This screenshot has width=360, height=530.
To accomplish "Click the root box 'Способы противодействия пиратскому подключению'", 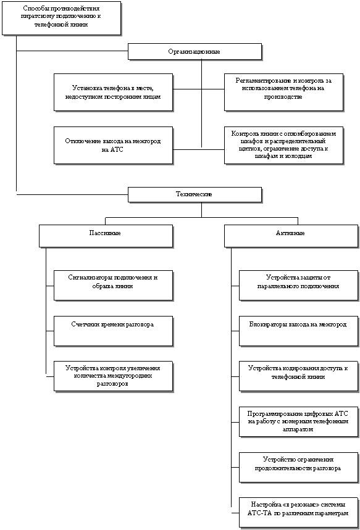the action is pyautogui.click(x=61, y=19).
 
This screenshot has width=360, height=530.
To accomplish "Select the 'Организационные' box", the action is pyautogui.click(x=195, y=52).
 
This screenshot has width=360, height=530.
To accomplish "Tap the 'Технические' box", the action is pyautogui.click(x=195, y=194).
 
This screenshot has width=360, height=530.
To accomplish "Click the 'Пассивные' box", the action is pyautogui.click(x=106, y=236).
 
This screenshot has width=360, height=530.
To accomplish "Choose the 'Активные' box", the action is pyautogui.click(x=291, y=236).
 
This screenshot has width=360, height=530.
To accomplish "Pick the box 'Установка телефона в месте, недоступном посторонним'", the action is pyautogui.click(x=114, y=93).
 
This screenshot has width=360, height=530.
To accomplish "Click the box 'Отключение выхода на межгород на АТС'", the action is pyautogui.click(x=114, y=146).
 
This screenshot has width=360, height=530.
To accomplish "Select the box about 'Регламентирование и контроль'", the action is pyautogui.click(x=283, y=93).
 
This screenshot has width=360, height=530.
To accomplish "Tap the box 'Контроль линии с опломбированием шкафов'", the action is pyautogui.click(x=283, y=146).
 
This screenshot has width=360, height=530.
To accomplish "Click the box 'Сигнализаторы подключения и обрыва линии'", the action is pyautogui.click(x=114, y=285).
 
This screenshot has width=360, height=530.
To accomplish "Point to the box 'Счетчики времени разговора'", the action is pyautogui.click(x=114, y=331).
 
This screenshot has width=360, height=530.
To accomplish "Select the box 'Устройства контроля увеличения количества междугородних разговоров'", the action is pyautogui.click(x=114, y=376).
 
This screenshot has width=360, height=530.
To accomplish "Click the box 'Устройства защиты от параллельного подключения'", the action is pyautogui.click(x=298, y=285).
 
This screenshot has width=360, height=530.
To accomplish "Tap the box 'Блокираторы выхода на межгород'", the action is pyautogui.click(x=298, y=331).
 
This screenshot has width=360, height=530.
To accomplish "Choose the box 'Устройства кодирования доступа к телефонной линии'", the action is pyautogui.click(x=298, y=376).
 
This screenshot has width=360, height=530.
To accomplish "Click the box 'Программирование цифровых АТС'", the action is pyautogui.click(x=298, y=421).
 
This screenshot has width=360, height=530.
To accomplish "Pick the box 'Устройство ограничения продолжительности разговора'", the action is pyautogui.click(x=298, y=467).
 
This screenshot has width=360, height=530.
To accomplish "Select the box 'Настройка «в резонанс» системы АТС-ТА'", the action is pyautogui.click(x=298, y=513).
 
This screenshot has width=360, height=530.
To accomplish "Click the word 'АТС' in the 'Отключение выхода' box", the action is pyautogui.click(x=117, y=149).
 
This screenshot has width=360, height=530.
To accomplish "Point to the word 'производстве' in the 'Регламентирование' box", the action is pyautogui.click(x=283, y=97).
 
